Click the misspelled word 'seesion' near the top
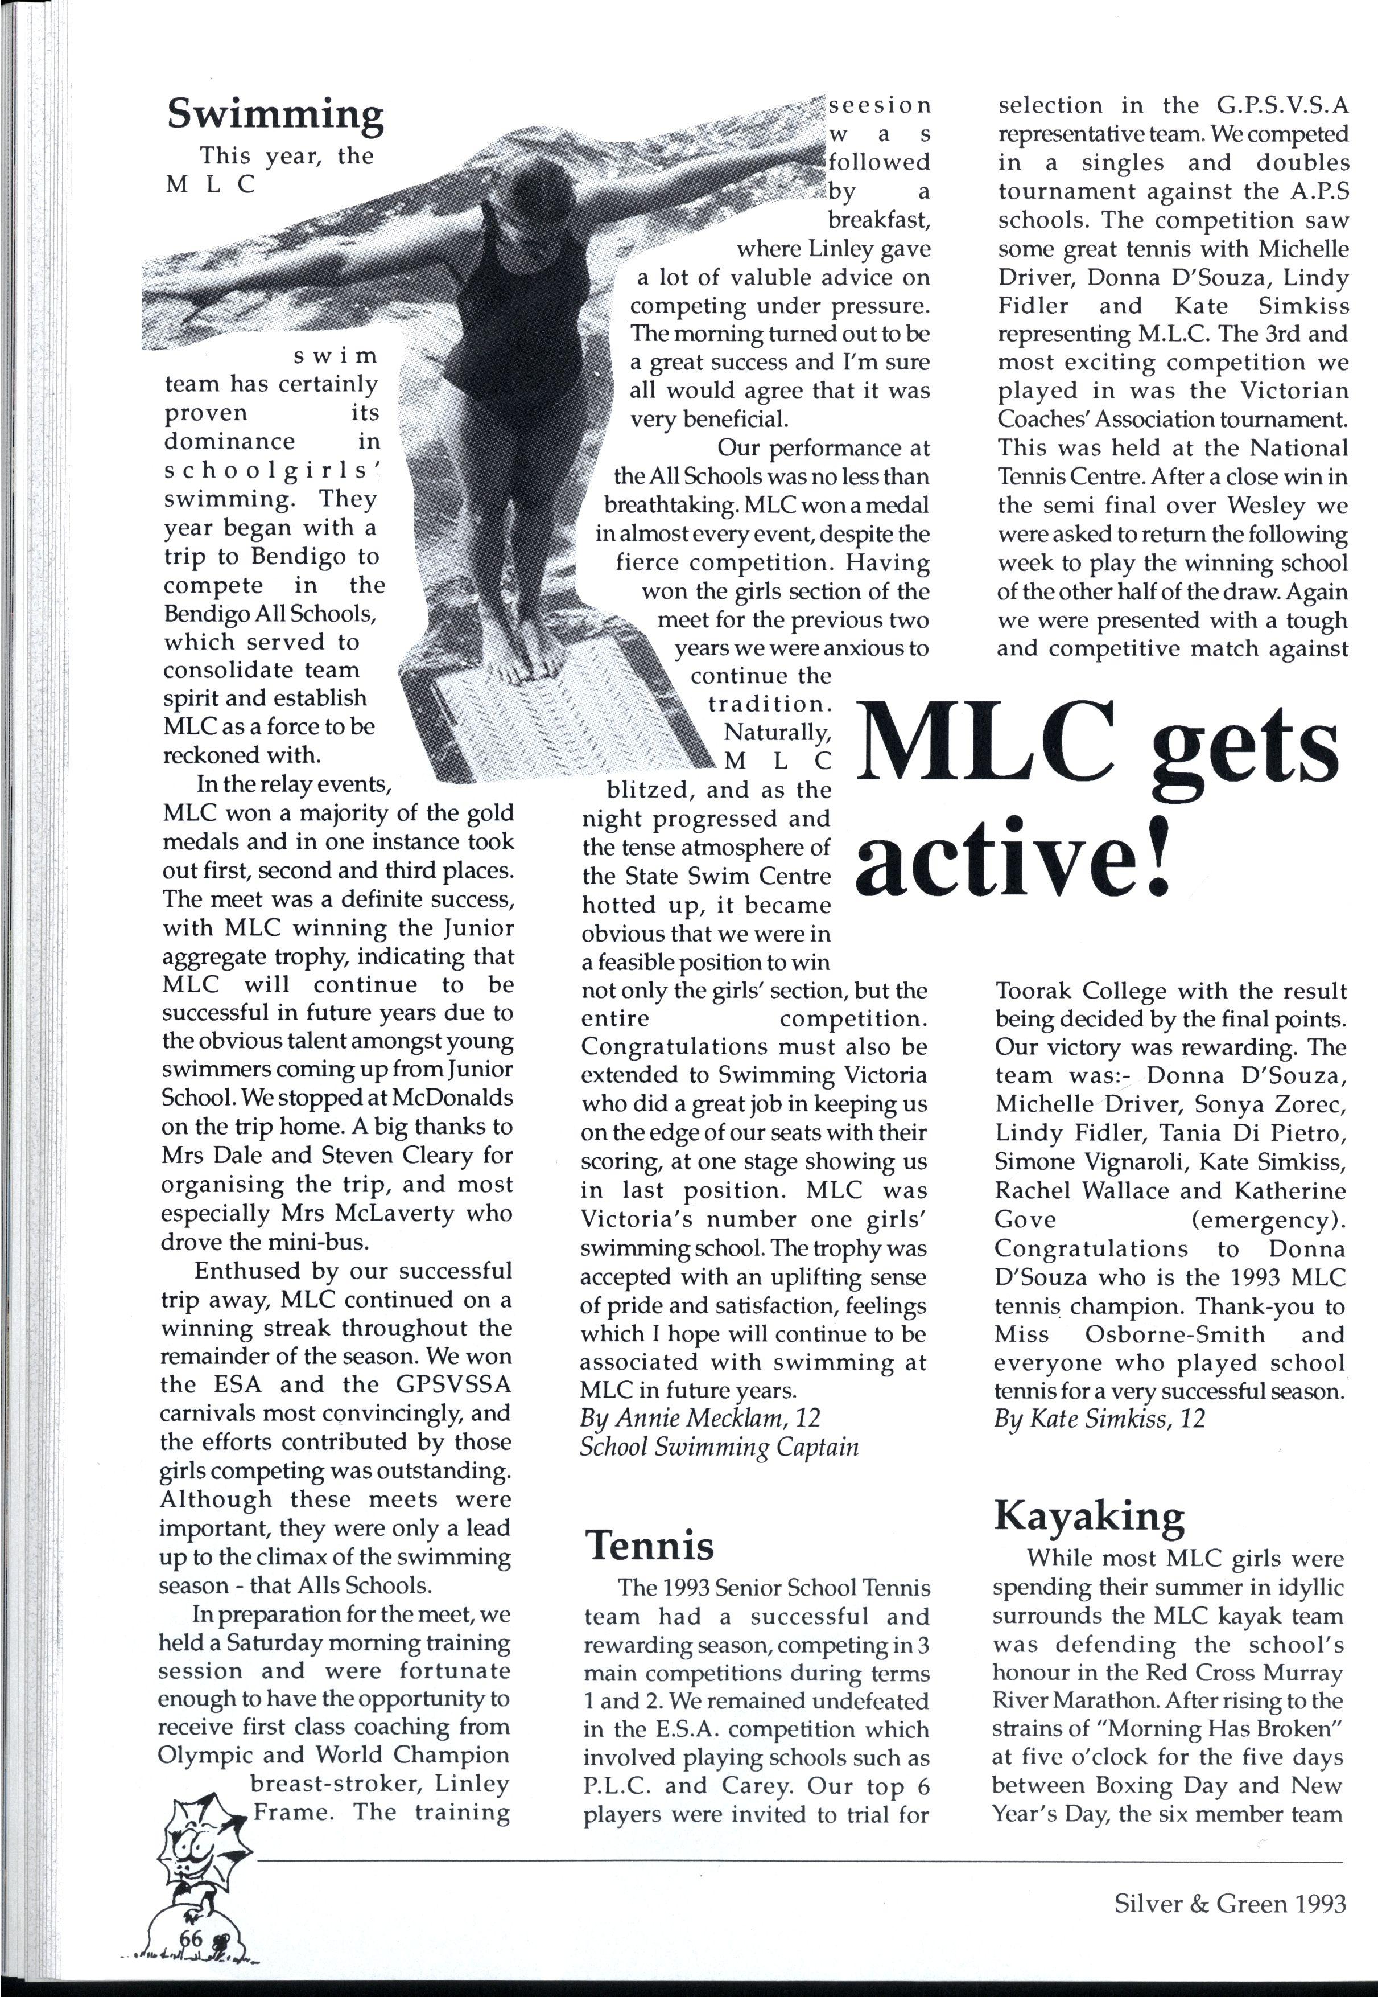click(880, 105)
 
